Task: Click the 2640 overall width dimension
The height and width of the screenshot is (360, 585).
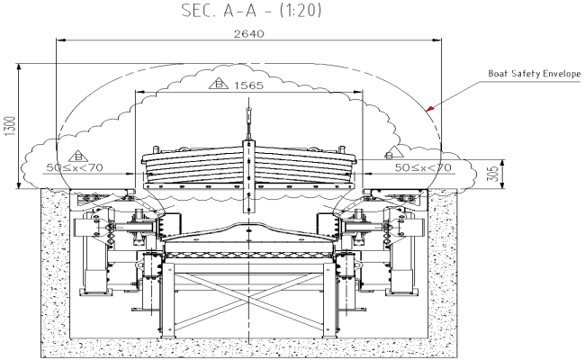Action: [247, 33]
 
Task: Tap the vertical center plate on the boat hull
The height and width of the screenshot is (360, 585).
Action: [247, 167]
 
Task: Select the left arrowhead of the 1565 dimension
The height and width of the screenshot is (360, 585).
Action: [139, 92]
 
